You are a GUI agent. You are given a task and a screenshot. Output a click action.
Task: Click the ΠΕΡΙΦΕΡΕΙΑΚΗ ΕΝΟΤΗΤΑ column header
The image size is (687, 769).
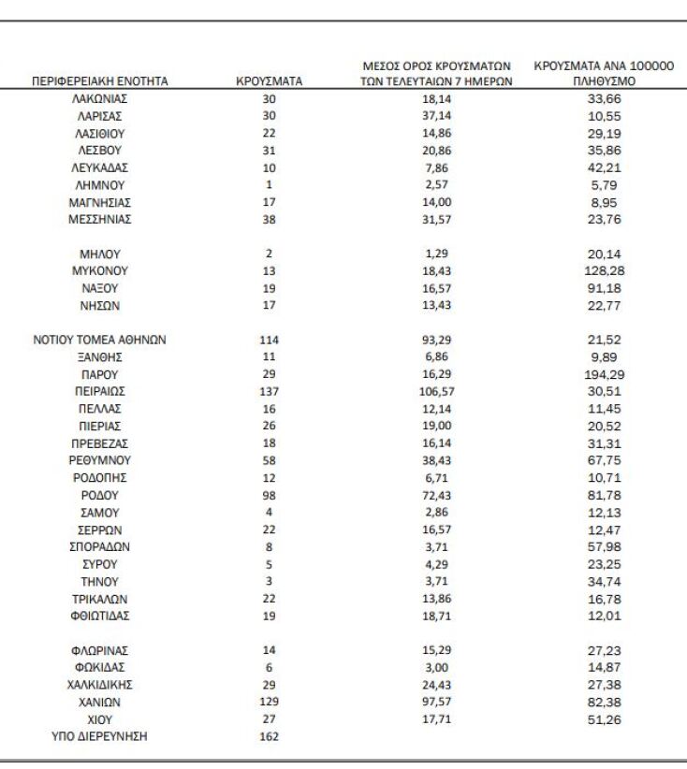[100, 81]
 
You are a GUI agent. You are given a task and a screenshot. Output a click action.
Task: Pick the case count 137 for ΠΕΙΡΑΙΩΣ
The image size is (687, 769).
[269, 392]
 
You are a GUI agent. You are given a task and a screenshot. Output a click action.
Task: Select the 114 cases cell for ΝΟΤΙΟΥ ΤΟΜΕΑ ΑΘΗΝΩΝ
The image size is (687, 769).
[269, 341]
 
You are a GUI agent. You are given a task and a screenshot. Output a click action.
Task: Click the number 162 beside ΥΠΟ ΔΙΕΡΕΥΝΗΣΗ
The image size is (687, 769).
[269, 736]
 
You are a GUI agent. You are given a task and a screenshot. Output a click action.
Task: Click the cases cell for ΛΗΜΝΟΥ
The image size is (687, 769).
[269, 185]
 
